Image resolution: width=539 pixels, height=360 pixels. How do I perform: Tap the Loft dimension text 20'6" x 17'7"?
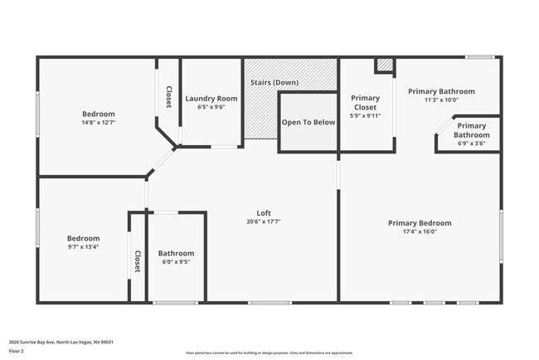click(x=265, y=221)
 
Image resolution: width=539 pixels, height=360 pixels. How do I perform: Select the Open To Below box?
click(x=308, y=122)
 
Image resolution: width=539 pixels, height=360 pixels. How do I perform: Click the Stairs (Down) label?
click(x=274, y=83)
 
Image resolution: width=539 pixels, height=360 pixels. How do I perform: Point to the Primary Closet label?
click(x=365, y=103)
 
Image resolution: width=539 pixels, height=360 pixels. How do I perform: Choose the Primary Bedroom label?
click(x=420, y=222)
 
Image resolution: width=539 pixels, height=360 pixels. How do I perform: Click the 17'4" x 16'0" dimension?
click(x=420, y=231)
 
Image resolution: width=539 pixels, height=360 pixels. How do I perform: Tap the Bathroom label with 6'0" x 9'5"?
click(x=176, y=253)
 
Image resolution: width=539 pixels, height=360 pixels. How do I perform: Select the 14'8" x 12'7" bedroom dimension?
click(x=98, y=123)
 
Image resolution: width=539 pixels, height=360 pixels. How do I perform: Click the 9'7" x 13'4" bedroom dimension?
click(x=83, y=246)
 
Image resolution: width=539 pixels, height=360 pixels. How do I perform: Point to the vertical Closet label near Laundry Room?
click(x=168, y=97)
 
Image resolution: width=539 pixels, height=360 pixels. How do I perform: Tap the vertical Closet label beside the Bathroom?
click(x=138, y=261)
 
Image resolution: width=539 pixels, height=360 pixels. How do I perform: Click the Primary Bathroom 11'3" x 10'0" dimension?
click(x=441, y=100)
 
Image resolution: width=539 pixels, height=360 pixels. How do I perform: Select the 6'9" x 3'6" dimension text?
click(x=471, y=144)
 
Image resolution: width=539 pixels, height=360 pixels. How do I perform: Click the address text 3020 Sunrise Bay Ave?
click(x=61, y=341)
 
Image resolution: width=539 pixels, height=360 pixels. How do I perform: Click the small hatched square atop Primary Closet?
click(x=385, y=65)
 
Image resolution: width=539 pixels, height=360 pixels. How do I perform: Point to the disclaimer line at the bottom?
click(x=269, y=353)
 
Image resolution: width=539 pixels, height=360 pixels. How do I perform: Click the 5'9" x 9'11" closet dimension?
click(x=365, y=116)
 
